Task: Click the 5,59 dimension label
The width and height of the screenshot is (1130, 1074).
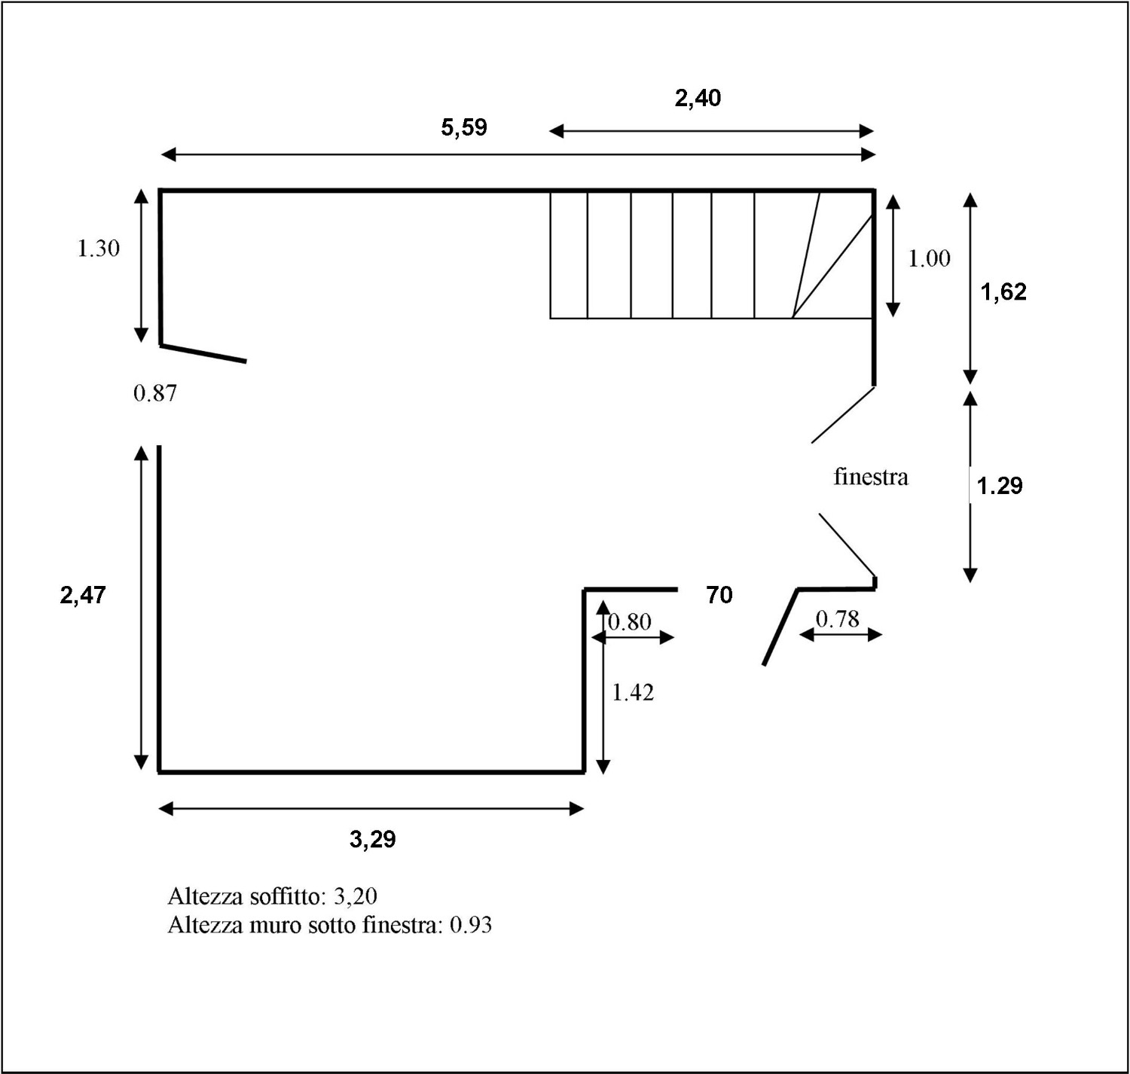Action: [x=464, y=127]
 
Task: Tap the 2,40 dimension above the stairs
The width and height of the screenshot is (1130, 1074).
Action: [x=698, y=98]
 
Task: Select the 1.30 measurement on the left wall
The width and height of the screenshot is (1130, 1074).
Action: [x=99, y=249]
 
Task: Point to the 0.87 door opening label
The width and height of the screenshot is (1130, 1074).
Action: [x=155, y=393]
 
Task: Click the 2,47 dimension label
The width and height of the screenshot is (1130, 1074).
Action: [x=84, y=595]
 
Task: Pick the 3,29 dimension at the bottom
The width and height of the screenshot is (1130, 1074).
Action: [x=373, y=840]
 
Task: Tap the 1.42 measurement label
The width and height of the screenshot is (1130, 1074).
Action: [x=633, y=692]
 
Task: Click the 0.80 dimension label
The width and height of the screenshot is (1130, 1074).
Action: [x=630, y=622]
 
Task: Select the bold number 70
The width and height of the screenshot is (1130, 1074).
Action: [x=719, y=595]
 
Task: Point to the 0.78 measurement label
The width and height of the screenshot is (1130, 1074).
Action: [x=838, y=619]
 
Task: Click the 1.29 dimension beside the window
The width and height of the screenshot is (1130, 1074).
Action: [x=1000, y=486]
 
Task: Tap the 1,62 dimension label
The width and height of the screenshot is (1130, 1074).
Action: [x=1003, y=292]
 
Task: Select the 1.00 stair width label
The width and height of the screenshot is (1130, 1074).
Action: [x=930, y=258]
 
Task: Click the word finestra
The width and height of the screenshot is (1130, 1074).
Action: [x=872, y=477]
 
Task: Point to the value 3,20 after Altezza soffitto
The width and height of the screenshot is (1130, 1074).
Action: [x=356, y=896]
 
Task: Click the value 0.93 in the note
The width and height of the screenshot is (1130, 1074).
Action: [x=471, y=925]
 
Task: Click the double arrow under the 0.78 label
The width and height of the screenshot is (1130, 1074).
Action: [x=840, y=634]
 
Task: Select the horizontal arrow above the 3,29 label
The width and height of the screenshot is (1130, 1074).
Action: [x=371, y=809]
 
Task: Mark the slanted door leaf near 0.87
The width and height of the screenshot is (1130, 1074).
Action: [x=203, y=353]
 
